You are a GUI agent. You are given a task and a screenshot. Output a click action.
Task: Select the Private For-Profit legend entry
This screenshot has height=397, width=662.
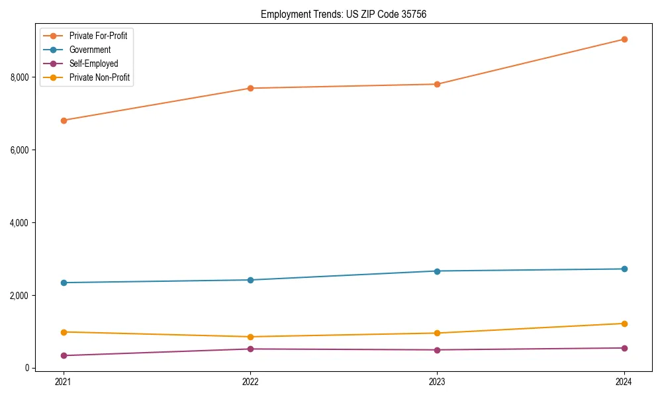[98, 36]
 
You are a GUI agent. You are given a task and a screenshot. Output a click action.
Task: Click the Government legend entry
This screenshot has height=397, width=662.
[89, 50]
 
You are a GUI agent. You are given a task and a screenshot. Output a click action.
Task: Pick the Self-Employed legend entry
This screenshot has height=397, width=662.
[93, 64]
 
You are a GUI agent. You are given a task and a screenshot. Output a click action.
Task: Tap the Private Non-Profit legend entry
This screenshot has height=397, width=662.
[99, 77]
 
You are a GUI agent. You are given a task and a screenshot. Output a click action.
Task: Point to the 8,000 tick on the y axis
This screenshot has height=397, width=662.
[21, 77]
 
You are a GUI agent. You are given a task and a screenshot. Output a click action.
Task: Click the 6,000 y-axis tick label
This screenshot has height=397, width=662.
[21, 150]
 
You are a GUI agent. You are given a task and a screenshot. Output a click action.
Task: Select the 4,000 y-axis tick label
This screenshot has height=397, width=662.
[21, 223]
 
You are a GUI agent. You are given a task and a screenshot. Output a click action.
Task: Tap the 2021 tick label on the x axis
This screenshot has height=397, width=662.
[64, 381]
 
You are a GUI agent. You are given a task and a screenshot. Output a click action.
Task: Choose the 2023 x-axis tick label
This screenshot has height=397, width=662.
[438, 381]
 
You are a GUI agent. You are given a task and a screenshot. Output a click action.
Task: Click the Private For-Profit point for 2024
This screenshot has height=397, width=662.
[624, 39]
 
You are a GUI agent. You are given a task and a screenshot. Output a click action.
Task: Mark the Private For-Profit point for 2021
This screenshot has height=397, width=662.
[64, 120]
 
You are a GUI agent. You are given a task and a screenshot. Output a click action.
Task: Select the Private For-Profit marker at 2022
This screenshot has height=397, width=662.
[250, 88]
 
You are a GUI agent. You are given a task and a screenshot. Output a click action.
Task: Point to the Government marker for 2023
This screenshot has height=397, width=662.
[438, 271]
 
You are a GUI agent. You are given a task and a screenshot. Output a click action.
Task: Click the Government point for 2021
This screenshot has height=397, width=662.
[64, 283]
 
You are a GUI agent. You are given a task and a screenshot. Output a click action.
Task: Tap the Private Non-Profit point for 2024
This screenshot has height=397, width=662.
[624, 324]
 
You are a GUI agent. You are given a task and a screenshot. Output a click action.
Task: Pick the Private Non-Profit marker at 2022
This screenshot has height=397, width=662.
[250, 337]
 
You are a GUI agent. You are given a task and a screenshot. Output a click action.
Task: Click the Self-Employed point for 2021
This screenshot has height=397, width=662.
[64, 356]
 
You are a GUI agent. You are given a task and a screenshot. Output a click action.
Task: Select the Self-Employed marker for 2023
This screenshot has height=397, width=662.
[438, 350]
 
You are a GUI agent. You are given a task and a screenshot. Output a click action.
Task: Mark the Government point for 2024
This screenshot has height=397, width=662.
[624, 269]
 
